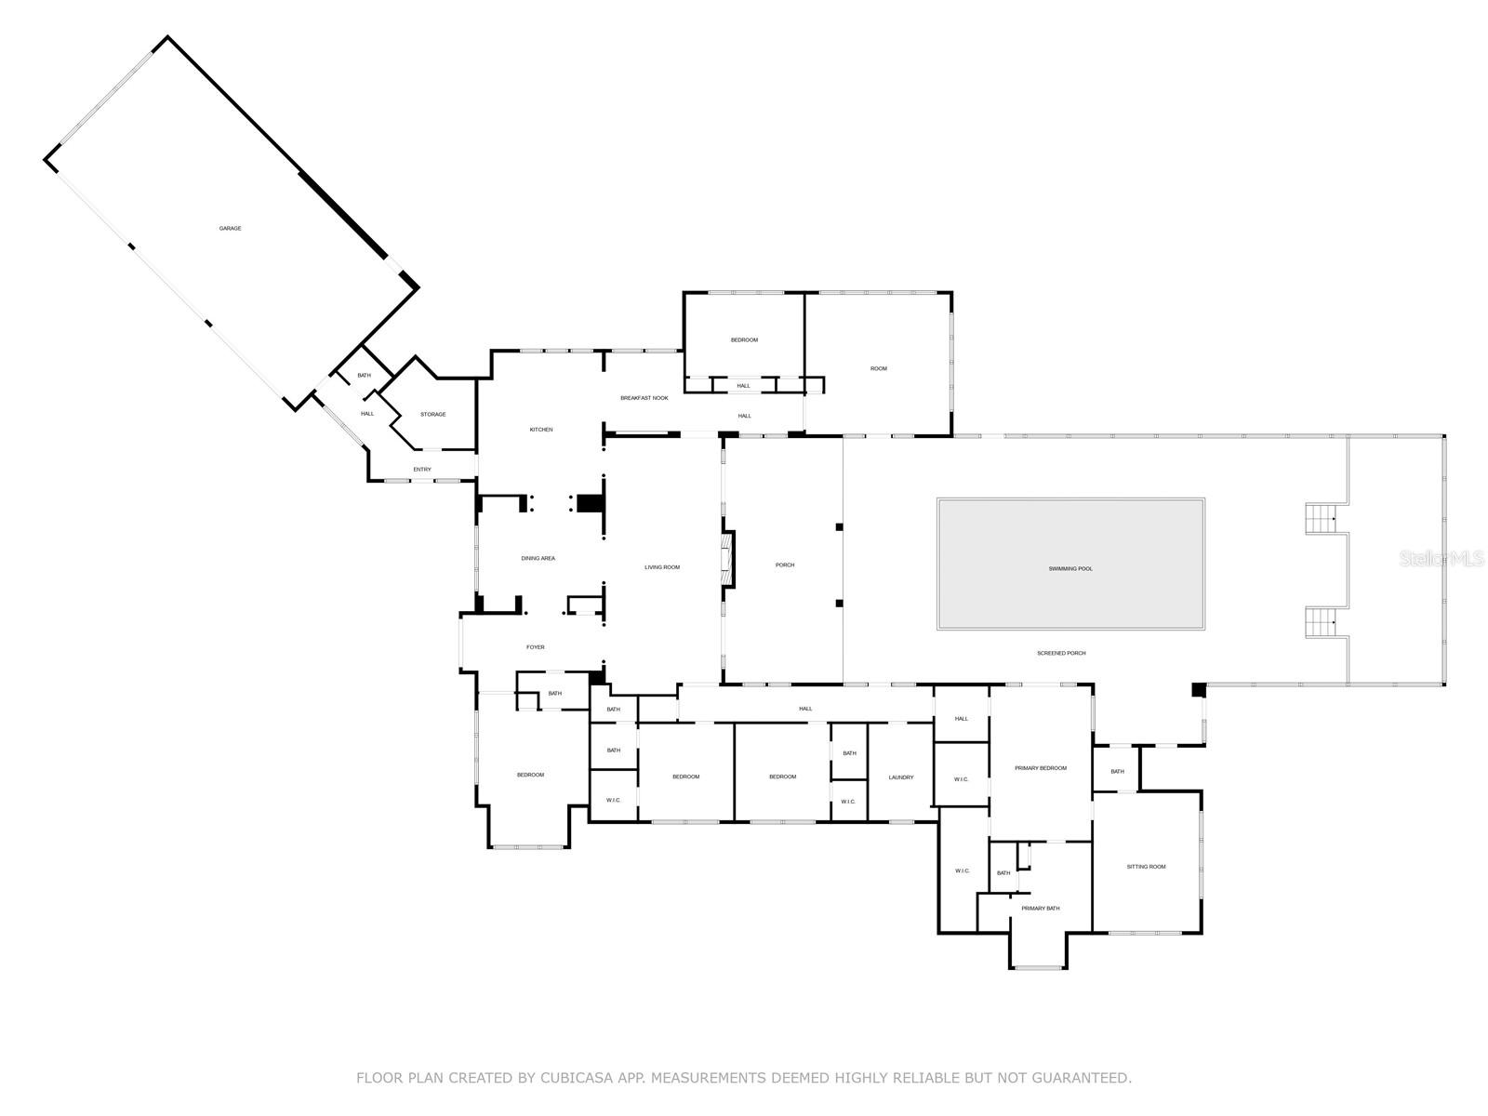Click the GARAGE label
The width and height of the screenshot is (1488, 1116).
pos(230,229)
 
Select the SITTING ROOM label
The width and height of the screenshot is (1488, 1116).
pos(1146,867)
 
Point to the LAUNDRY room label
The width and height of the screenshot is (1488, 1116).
pos(900,777)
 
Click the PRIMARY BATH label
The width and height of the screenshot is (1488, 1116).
pos(1040,909)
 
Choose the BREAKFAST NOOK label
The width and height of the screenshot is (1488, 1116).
pos(644,398)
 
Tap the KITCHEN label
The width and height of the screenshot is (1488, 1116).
pos(541,430)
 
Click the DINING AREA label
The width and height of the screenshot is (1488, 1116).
pos(538,559)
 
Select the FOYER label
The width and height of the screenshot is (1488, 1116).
pos(536,647)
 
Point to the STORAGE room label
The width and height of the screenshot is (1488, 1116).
pos(432,415)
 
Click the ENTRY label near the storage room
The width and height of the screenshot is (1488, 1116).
pos(422,470)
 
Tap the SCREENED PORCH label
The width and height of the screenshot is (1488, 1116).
pos(1061,654)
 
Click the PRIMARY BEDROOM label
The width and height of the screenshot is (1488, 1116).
pos(1041,768)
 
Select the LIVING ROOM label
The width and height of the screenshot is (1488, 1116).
pos(662,567)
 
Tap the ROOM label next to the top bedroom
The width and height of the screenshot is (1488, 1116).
pos(878,369)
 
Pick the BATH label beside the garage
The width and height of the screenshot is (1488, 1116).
pos(364,376)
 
